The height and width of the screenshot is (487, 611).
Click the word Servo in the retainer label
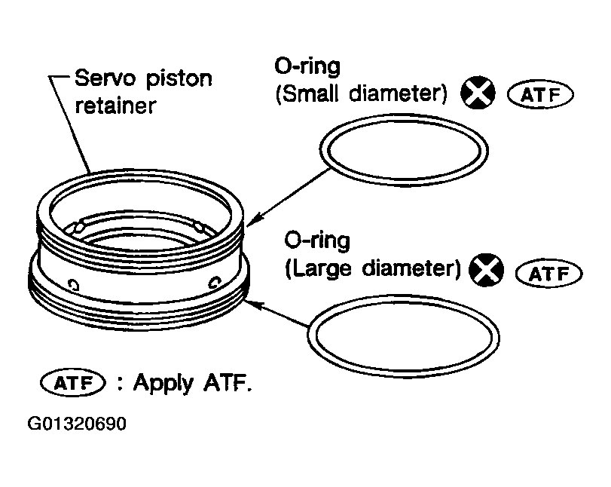102,78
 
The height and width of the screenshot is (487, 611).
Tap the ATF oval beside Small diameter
540,94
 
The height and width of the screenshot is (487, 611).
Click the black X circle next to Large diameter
486,270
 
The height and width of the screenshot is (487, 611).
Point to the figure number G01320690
77,424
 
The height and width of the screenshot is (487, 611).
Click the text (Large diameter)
373,269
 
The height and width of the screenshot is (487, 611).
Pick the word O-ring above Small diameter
307,66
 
